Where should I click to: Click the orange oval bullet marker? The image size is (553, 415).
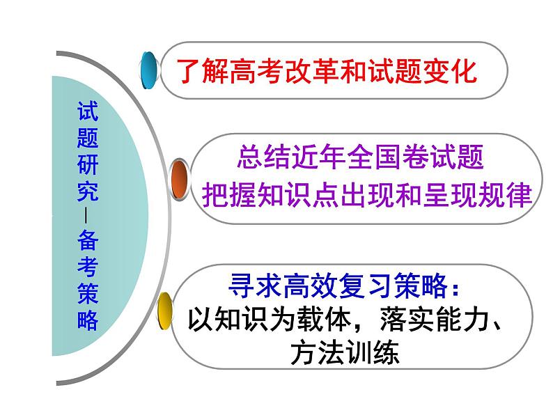click(x=179, y=180)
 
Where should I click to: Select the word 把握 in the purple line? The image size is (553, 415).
click(x=223, y=194)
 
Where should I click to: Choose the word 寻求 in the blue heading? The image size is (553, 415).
click(x=249, y=286)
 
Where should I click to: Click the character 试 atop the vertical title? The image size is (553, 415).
click(x=88, y=110)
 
